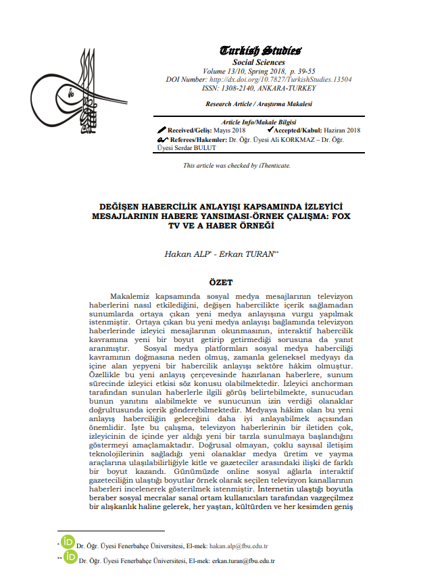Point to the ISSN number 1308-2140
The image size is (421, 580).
click(x=234, y=88)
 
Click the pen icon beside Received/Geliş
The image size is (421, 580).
click(x=162, y=129)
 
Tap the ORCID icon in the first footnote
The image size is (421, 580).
click(x=68, y=542)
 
